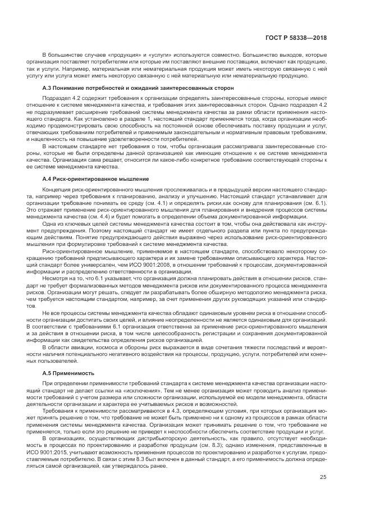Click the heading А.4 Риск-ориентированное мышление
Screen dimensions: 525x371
point(95,178)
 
